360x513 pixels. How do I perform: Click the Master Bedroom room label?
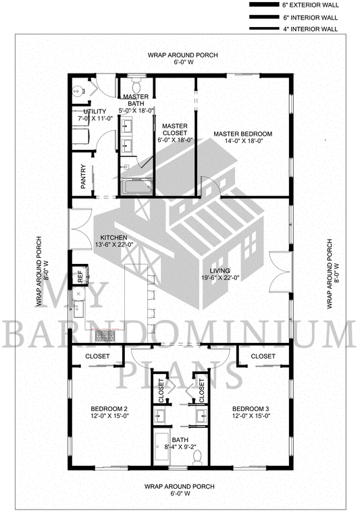243,134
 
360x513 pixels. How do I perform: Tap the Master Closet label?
175,130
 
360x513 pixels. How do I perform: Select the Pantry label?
84,177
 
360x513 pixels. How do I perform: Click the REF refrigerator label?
80,277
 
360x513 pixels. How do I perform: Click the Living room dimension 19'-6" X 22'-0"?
220,278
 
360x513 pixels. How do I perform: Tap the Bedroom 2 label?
109,408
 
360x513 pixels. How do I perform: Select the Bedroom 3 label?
251,408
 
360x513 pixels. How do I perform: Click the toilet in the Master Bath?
136,85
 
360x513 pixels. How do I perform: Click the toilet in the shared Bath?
197,457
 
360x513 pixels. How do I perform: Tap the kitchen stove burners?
105,336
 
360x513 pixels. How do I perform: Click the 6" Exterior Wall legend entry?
294,5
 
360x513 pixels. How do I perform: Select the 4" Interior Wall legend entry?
294,29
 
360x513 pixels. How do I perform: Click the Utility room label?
95,111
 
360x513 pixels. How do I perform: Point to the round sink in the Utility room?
78,90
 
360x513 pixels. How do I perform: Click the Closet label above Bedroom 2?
97,356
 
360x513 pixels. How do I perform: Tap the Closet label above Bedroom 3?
263,356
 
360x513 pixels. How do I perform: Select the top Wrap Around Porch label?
182,55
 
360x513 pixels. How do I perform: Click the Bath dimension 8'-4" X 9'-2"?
180,447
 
